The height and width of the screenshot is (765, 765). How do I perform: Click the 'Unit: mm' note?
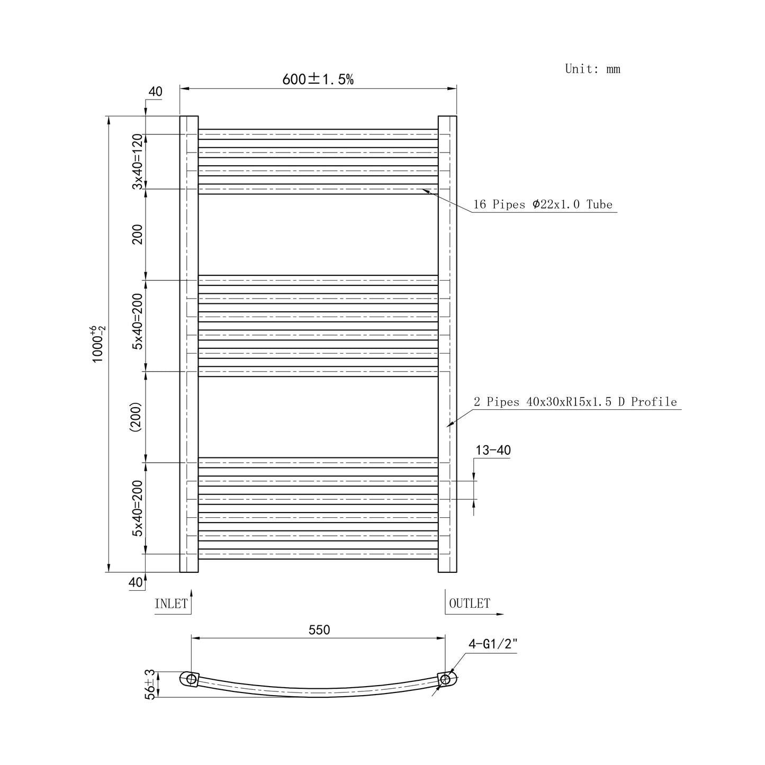click(592, 69)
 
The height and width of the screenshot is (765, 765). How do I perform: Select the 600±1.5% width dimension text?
click(318, 79)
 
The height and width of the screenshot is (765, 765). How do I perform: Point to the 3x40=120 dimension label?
click(137, 161)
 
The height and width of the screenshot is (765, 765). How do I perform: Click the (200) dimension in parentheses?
click(136, 417)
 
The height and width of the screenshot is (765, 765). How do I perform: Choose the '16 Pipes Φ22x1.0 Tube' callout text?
click(543, 204)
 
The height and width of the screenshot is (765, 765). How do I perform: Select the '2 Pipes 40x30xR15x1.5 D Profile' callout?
click(575, 402)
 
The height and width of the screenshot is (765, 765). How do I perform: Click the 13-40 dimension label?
click(493, 450)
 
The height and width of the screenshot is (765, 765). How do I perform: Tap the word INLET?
click(171, 604)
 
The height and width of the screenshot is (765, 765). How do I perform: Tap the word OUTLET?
click(470, 604)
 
